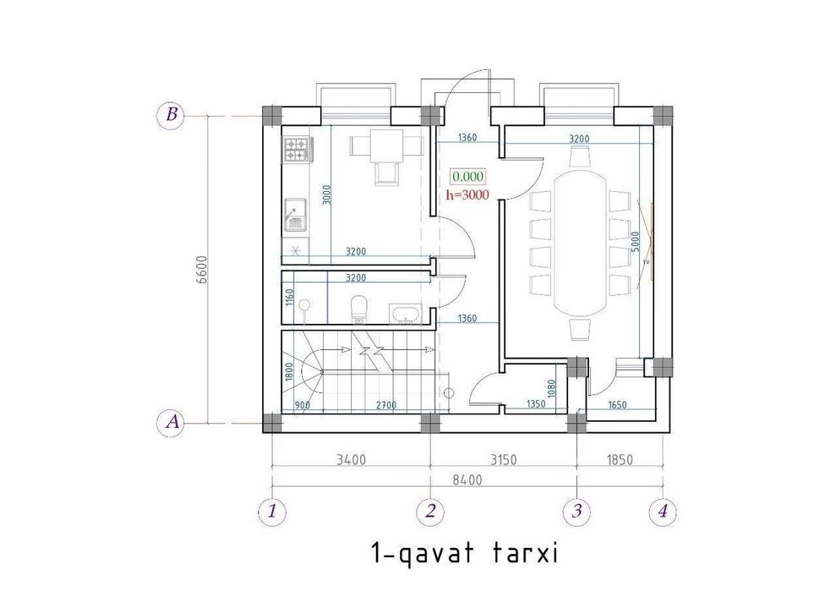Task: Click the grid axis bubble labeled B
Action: tap(171, 115)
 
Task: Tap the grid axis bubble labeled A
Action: tap(171, 422)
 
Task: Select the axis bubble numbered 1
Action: tap(272, 512)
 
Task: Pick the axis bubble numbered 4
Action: tap(663, 512)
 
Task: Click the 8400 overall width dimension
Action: tap(467, 480)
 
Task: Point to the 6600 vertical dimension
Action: tap(201, 271)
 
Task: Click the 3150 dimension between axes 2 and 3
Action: tap(503, 459)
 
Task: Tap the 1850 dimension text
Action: tap(619, 459)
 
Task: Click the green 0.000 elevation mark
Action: tap(467, 177)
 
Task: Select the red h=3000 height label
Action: tap(467, 195)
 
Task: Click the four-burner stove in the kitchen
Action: tap(297, 150)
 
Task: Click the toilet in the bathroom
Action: tap(359, 310)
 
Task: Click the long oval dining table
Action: tap(580, 243)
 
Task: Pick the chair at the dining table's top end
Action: tap(580, 156)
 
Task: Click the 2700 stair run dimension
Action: tap(386, 405)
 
